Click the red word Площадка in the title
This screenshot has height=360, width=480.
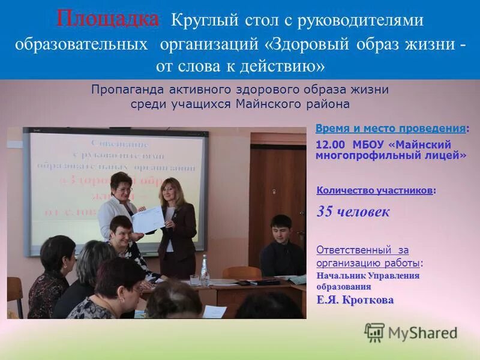click(107, 19)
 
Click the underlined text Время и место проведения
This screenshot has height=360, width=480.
click(390, 129)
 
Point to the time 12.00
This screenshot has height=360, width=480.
click(331, 145)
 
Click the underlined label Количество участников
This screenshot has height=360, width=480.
click(374, 190)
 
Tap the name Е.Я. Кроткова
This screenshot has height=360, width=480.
click(355, 300)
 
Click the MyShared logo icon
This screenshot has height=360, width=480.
click(374, 332)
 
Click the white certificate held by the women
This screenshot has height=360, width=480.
click(148, 220)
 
